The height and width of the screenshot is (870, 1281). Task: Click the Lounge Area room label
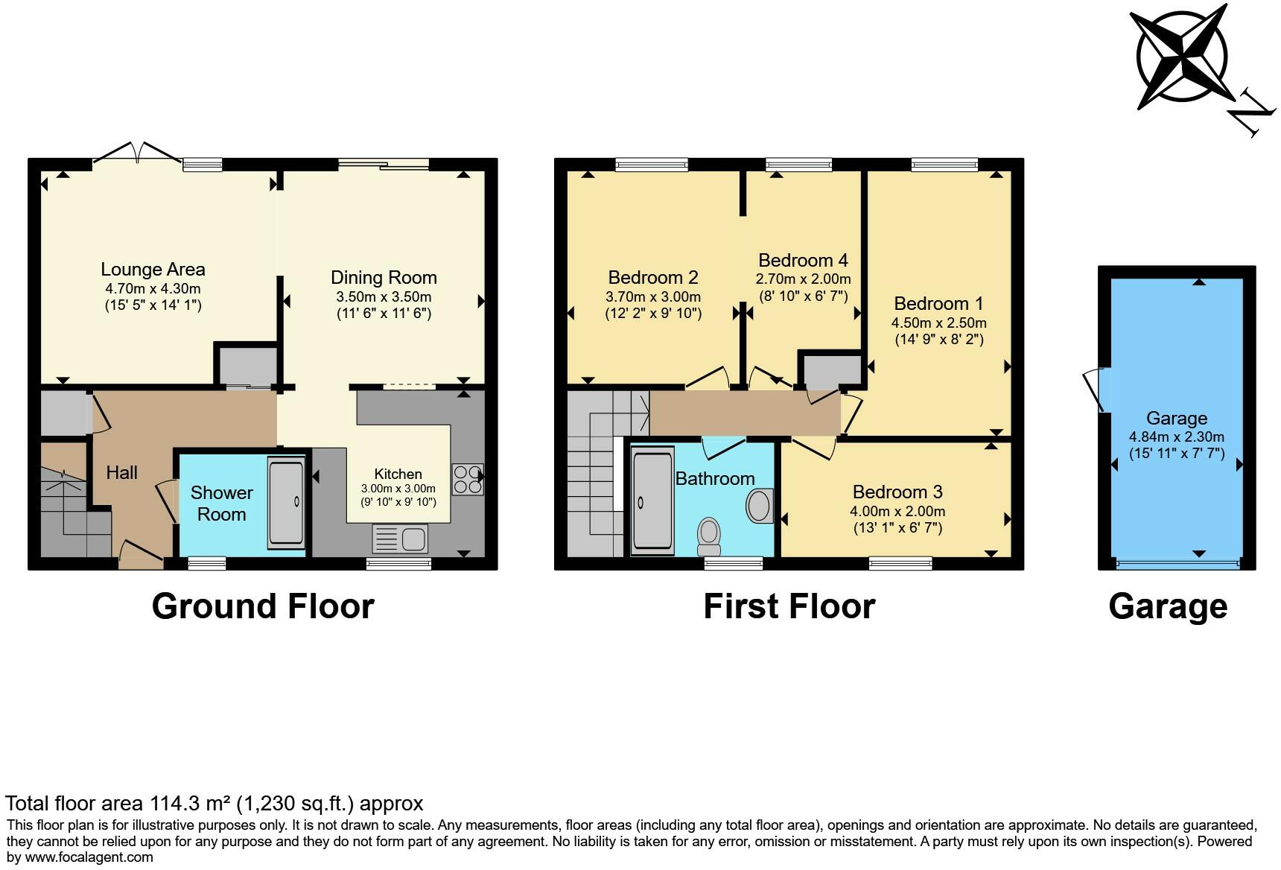(153, 270)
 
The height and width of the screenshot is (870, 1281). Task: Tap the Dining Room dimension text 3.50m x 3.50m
(384, 296)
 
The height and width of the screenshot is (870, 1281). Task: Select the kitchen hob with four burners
(467, 479)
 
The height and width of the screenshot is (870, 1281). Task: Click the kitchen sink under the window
(399, 539)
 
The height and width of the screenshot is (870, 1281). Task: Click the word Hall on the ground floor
(121, 472)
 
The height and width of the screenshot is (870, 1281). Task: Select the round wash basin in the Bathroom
(759, 506)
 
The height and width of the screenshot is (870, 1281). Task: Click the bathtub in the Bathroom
(652, 499)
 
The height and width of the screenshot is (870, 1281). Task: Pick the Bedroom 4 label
(803, 260)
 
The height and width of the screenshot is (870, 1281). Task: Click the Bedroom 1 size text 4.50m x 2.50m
(938, 323)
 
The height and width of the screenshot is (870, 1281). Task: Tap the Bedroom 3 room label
(897, 492)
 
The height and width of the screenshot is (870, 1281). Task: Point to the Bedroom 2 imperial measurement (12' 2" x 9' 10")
(653, 313)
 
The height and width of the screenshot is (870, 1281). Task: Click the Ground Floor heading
(262, 606)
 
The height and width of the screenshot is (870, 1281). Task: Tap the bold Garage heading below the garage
(1167, 606)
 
